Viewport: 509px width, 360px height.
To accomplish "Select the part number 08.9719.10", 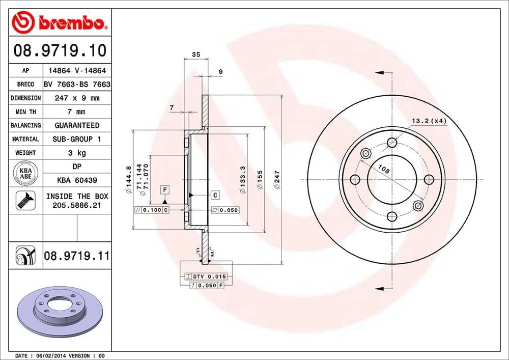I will click(x=60, y=50).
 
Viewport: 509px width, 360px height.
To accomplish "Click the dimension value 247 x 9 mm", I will click(x=77, y=98).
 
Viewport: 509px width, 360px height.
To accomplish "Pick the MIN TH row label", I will click(x=25, y=112).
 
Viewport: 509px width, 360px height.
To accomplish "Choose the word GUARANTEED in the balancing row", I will click(x=77, y=125).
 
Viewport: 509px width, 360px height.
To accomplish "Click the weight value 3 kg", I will click(x=77, y=153).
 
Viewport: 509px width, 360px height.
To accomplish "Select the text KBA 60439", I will click(x=77, y=180).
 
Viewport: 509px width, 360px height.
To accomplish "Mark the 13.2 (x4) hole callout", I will click(x=429, y=121).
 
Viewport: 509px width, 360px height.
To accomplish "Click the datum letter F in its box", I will click(x=165, y=190).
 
